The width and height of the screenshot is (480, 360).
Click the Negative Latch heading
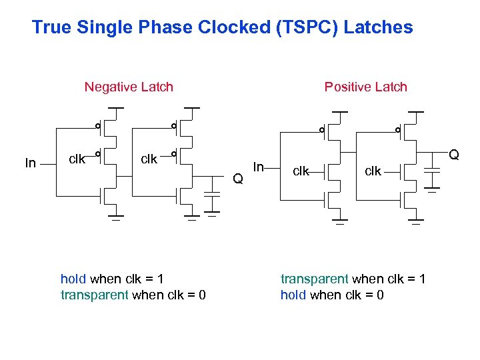point(129,87)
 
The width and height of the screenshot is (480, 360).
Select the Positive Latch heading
point(365,87)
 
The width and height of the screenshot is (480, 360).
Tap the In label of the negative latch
point(30,163)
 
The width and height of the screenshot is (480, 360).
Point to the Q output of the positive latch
point(454,155)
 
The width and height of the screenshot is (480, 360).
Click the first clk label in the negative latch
point(77,159)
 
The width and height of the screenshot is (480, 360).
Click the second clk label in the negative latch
point(149,159)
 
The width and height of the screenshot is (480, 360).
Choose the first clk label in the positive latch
point(301,171)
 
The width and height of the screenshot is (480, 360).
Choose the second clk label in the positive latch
point(373,171)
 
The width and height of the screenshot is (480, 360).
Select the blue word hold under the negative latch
point(73,279)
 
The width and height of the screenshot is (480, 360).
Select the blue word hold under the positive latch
point(293,295)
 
